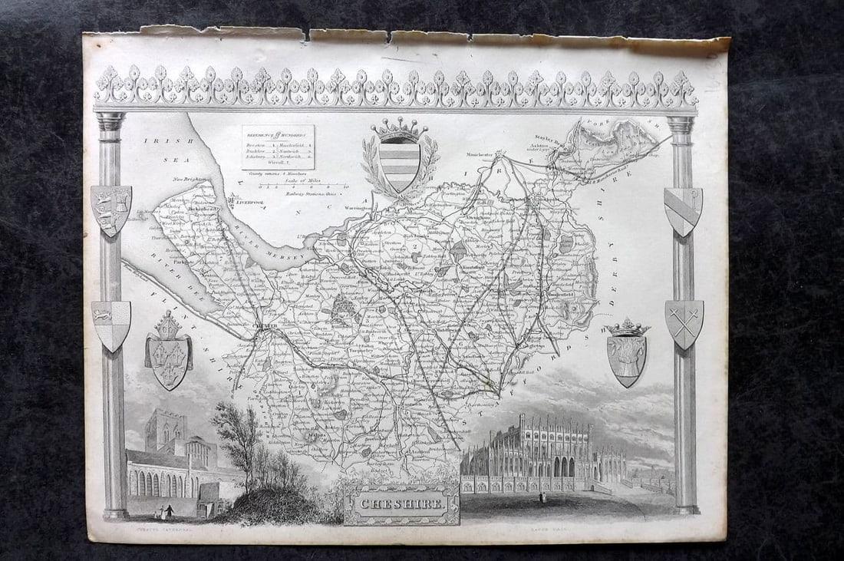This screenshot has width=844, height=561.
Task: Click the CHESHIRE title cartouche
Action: point(401,503)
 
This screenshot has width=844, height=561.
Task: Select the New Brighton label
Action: point(190,180)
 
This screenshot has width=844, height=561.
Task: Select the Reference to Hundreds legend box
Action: point(278,147)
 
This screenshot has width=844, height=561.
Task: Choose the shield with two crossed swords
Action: point(684,323)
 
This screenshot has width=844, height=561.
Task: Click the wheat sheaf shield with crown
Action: point(627,357)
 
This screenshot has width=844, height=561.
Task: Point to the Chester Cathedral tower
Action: point(166,431)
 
